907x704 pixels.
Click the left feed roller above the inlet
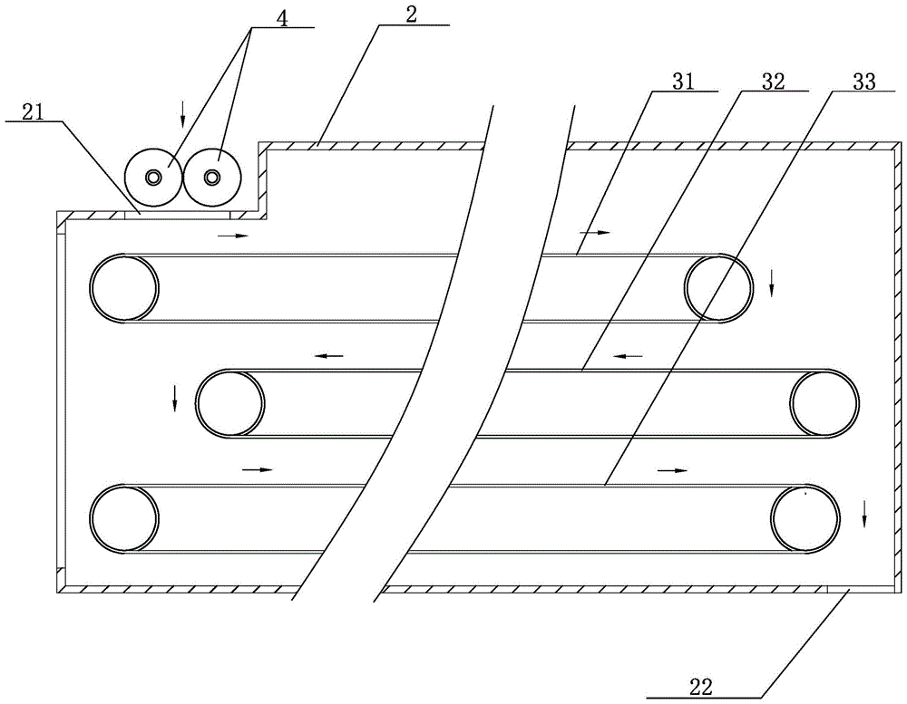pyautogui.click(x=154, y=177)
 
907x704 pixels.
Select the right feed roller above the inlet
pyautogui.click(x=212, y=177)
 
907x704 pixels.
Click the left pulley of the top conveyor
pyautogui.click(x=124, y=288)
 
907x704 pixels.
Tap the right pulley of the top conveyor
pyautogui.click(x=718, y=288)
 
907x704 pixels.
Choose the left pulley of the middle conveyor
pyautogui.click(x=230, y=403)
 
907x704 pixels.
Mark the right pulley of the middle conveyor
pyautogui.click(x=824, y=403)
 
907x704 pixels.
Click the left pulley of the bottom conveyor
pyautogui.click(x=124, y=518)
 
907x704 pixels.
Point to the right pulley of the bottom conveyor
pyautogui.click(x=804, y=518)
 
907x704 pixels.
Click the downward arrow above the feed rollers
pyautogui.click(x=182, y=113)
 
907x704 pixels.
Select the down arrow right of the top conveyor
pyautogui.click(x=772, y=283)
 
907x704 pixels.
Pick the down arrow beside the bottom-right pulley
pyautogui.click(x=864, y=514)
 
